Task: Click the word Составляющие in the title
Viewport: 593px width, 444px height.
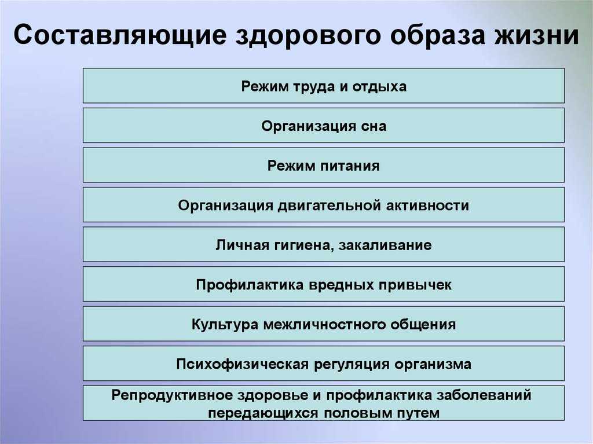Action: tap(120, 35)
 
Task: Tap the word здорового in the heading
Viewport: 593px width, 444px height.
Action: tap(308, 36)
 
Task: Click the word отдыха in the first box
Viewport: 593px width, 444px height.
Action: tap(379, 87)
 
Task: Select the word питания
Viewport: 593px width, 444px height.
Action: tap(350, 166)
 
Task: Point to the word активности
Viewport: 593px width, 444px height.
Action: tap(427, 206)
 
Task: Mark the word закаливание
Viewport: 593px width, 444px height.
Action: tap(385, 245)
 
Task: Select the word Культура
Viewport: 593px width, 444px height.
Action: tap(225, 325)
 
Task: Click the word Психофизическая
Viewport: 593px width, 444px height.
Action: tap(243, 364)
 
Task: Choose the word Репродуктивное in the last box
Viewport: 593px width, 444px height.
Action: tap(171, 395)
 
